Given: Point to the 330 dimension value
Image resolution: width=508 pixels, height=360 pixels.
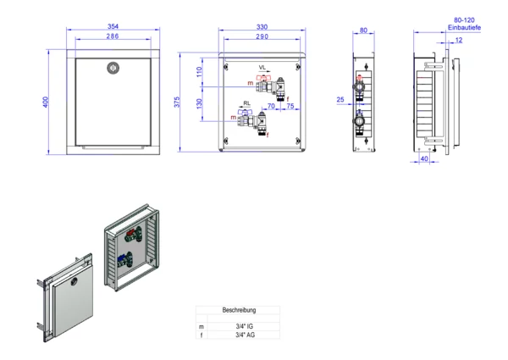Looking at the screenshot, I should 262,28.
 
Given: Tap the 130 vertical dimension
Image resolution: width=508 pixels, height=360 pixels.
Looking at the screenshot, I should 201,102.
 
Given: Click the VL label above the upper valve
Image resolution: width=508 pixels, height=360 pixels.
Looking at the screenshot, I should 262,67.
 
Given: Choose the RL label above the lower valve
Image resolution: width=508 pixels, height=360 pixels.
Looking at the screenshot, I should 246,103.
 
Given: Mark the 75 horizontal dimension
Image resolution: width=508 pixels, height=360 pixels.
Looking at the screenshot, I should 290,107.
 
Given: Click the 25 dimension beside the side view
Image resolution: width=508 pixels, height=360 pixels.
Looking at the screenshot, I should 340,100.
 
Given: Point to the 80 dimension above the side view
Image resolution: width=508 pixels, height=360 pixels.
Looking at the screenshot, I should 364,31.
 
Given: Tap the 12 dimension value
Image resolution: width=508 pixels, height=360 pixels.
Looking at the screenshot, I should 458,39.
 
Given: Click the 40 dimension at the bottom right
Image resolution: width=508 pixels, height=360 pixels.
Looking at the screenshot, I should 422,158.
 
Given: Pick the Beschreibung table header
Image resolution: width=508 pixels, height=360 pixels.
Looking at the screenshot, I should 239,311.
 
